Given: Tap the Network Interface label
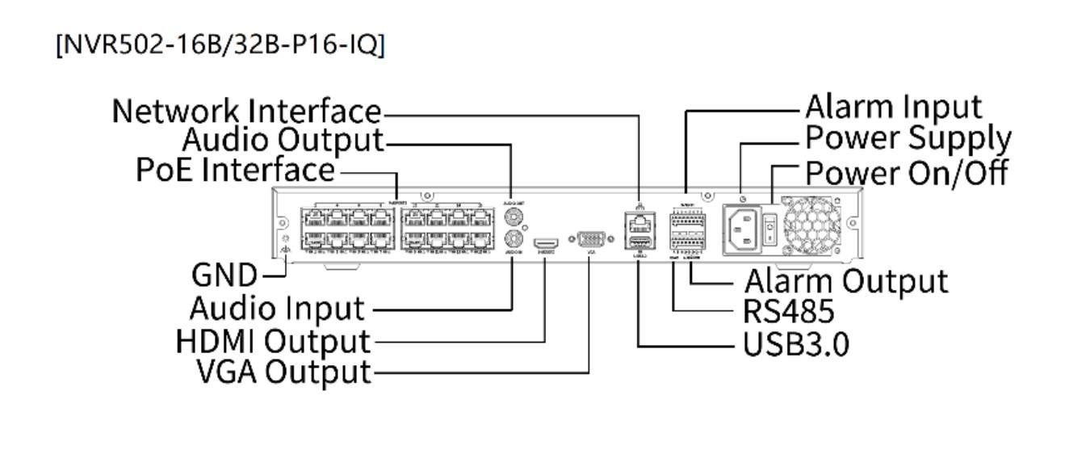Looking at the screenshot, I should pyautogui.click(x=246, y=111).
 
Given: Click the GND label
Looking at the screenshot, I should pyautogui.click(x=224, y=276).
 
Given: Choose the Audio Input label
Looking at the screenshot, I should pyautogui.click(x=277, y=308).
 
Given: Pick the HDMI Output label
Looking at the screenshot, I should pyautogui.click(x=273, y=341).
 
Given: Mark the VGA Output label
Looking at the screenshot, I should pyautogui.click(x=283, y=372).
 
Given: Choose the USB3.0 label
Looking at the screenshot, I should pyautogui.click(x=795, y=344).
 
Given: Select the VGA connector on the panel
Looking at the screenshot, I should pyautogui.click(x=589, y=239).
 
